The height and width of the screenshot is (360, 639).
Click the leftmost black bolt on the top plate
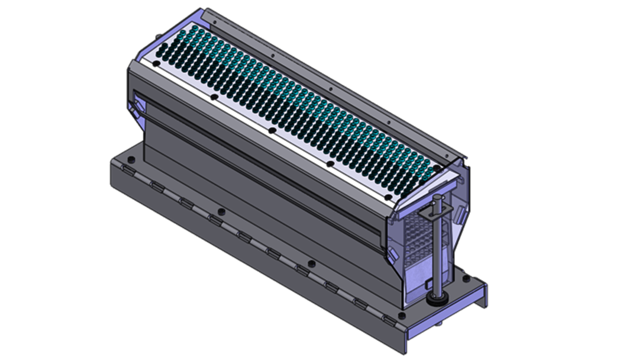156,62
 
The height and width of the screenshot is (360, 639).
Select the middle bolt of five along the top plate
271,129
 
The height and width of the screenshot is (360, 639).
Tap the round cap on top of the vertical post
438,199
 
